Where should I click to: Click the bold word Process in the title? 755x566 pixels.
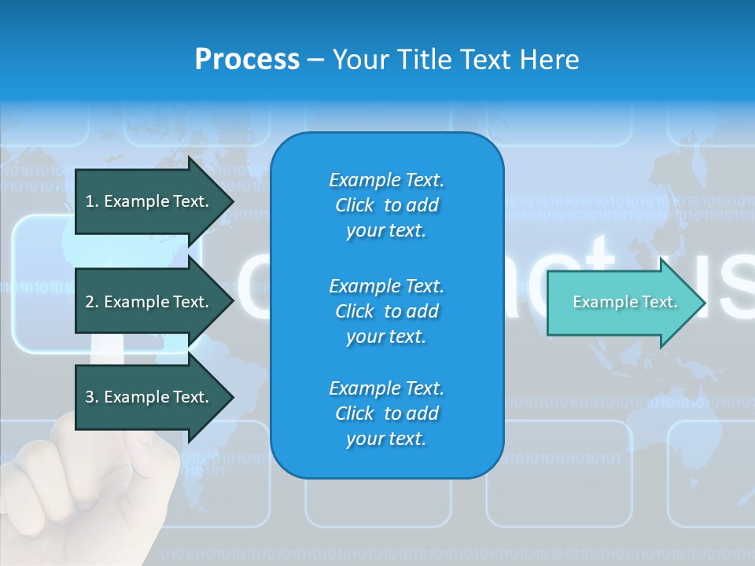[x=247, y=60]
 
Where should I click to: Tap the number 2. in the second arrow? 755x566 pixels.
[x=92, y=302]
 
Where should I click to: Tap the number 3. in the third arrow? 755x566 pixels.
[x=92, y=397]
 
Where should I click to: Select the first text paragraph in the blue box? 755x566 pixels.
[x=386, y=205]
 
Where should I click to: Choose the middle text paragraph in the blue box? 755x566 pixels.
[x=386, y=311]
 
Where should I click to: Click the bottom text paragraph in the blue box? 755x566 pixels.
[x=386, y=413]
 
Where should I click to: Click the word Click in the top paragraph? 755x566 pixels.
[x=355, y=205]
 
